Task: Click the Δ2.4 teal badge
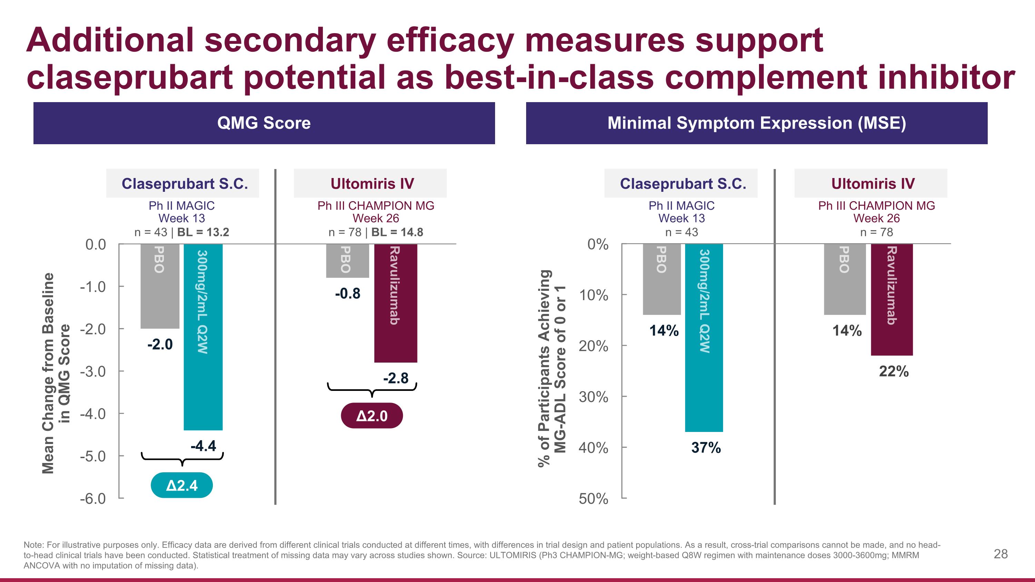point(181,485)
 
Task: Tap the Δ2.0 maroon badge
point(372,416)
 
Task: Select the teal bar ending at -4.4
point(203,337)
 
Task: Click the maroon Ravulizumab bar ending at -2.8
point(395,303)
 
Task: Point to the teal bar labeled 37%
point(704,338)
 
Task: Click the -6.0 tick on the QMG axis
point(93,499)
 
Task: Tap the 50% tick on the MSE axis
point(593,499)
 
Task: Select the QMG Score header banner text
point(264,123)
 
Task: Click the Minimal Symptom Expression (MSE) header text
point(757,123)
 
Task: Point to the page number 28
point(1000,554)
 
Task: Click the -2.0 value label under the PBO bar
point(160,344)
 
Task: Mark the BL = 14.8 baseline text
point(397,232)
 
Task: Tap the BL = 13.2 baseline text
point(203,232)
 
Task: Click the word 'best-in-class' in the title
point(549,77)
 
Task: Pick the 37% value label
point(706,447)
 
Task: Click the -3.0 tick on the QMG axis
point(93,372)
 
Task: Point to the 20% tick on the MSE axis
point(593,346)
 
